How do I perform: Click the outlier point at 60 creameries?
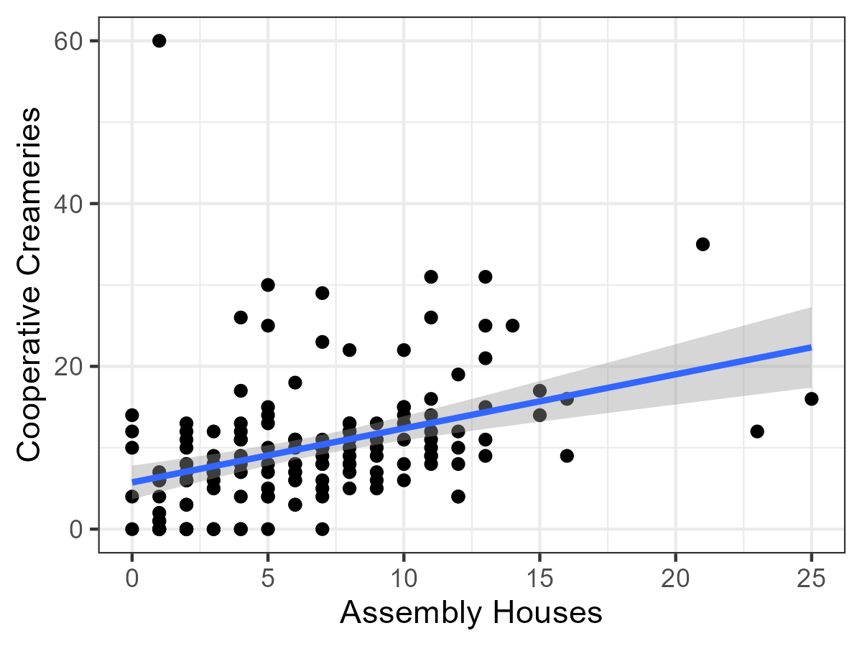159,41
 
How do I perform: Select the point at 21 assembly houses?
703,244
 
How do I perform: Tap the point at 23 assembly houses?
756,431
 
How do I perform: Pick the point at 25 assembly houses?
811,399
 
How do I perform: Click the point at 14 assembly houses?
512,326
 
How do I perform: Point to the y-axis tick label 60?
66,41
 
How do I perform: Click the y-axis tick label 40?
66,204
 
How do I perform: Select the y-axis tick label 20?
66,366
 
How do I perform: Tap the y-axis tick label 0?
75,529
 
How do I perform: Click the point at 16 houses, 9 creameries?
567,456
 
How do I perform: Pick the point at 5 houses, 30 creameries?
268,285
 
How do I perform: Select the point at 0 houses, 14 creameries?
132,415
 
